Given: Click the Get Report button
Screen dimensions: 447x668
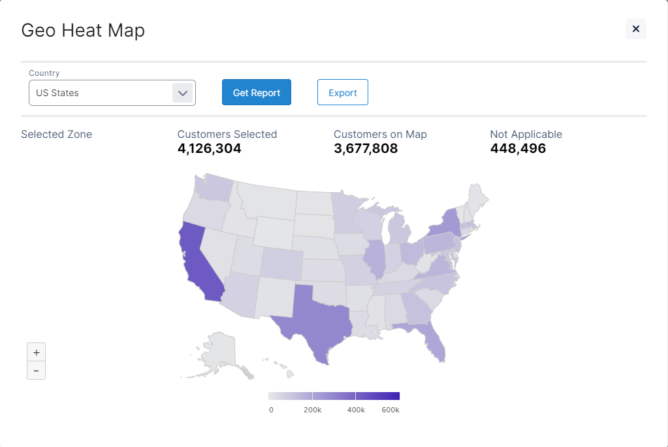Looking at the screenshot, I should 257,93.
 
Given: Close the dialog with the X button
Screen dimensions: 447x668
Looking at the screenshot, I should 635,29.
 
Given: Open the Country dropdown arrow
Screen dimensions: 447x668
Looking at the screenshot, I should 183,93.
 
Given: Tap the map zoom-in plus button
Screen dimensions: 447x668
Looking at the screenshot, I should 36,352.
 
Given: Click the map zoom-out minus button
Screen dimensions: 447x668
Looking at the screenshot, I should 36,371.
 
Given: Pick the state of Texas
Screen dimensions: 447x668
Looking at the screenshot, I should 312,315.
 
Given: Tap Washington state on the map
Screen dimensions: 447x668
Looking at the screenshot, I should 215,188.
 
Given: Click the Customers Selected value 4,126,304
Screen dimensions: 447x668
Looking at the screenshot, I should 209,148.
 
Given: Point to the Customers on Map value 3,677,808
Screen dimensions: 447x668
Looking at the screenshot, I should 366,148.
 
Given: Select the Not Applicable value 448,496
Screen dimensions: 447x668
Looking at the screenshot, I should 518,148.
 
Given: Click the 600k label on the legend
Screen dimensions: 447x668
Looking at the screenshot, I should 390,410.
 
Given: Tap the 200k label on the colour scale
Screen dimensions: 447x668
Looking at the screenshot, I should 312,410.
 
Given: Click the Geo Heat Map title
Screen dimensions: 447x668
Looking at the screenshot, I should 83,30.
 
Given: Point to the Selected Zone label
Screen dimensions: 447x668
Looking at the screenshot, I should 56,134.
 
